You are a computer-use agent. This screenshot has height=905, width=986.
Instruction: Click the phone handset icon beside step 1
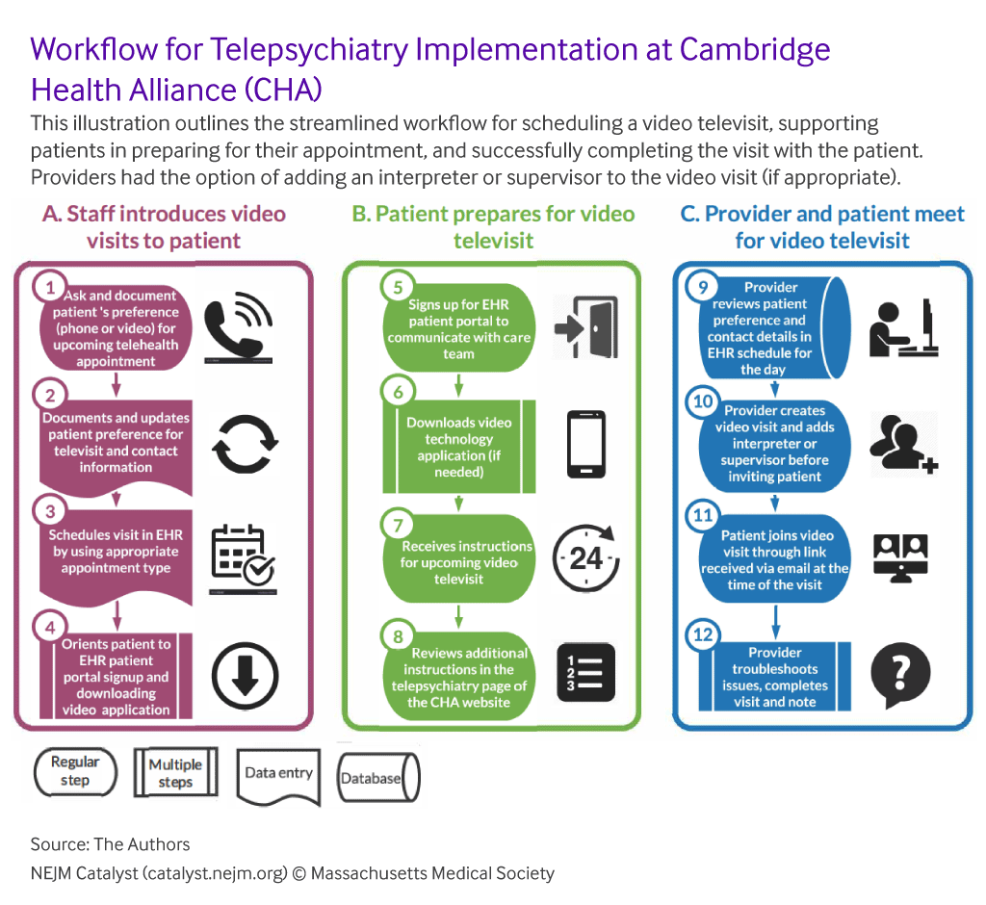coord(239,327)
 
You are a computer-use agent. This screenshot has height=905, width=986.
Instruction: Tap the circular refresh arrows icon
coord(245,444)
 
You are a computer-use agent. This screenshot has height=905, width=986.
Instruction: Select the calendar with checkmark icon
coord(243,557)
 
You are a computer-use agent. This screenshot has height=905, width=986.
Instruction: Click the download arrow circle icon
coord(245,676)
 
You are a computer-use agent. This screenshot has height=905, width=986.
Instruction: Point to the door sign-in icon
coord(585,327)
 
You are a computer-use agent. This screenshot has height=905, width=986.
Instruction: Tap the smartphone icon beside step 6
coord(586,444)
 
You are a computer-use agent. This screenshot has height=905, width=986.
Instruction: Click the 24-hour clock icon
coord(586,557)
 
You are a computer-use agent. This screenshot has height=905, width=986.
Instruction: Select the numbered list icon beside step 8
coord(586,672)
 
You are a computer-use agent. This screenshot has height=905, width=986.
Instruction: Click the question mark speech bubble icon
coord(900,674)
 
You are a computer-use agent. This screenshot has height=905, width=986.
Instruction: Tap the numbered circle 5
coord(398,288)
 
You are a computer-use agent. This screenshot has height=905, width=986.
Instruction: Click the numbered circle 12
coord(703,634)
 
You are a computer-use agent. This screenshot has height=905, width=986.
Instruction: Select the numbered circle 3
coord(50,511)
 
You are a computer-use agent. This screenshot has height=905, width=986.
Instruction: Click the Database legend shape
coord(378,777)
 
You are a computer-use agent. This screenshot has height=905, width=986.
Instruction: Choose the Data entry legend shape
coord(278,777)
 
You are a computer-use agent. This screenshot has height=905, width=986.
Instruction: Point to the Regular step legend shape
coord(75,772)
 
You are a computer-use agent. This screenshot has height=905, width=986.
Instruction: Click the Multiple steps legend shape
coord(175,772)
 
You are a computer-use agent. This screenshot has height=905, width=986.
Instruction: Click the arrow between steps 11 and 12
coord(775,622)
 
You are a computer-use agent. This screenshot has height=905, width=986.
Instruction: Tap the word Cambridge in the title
coord(755,49)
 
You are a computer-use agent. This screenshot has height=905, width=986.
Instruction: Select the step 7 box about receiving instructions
coord(459,558)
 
